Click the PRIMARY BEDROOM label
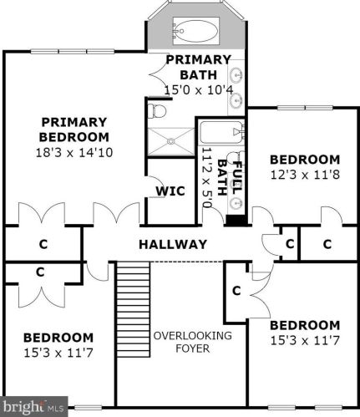(x=74, y=129)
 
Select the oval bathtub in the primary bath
(x=196, y=33)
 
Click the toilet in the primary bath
(x=158, y=110)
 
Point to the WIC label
(x=170, y=191)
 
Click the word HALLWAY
(x=172, y=244)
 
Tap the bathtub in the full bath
(x=221, y=131)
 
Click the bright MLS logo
(x=33, y=408)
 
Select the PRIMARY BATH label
(x=198, y=67)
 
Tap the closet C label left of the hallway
(x=42, y=245)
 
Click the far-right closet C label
(x=327, y=244)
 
